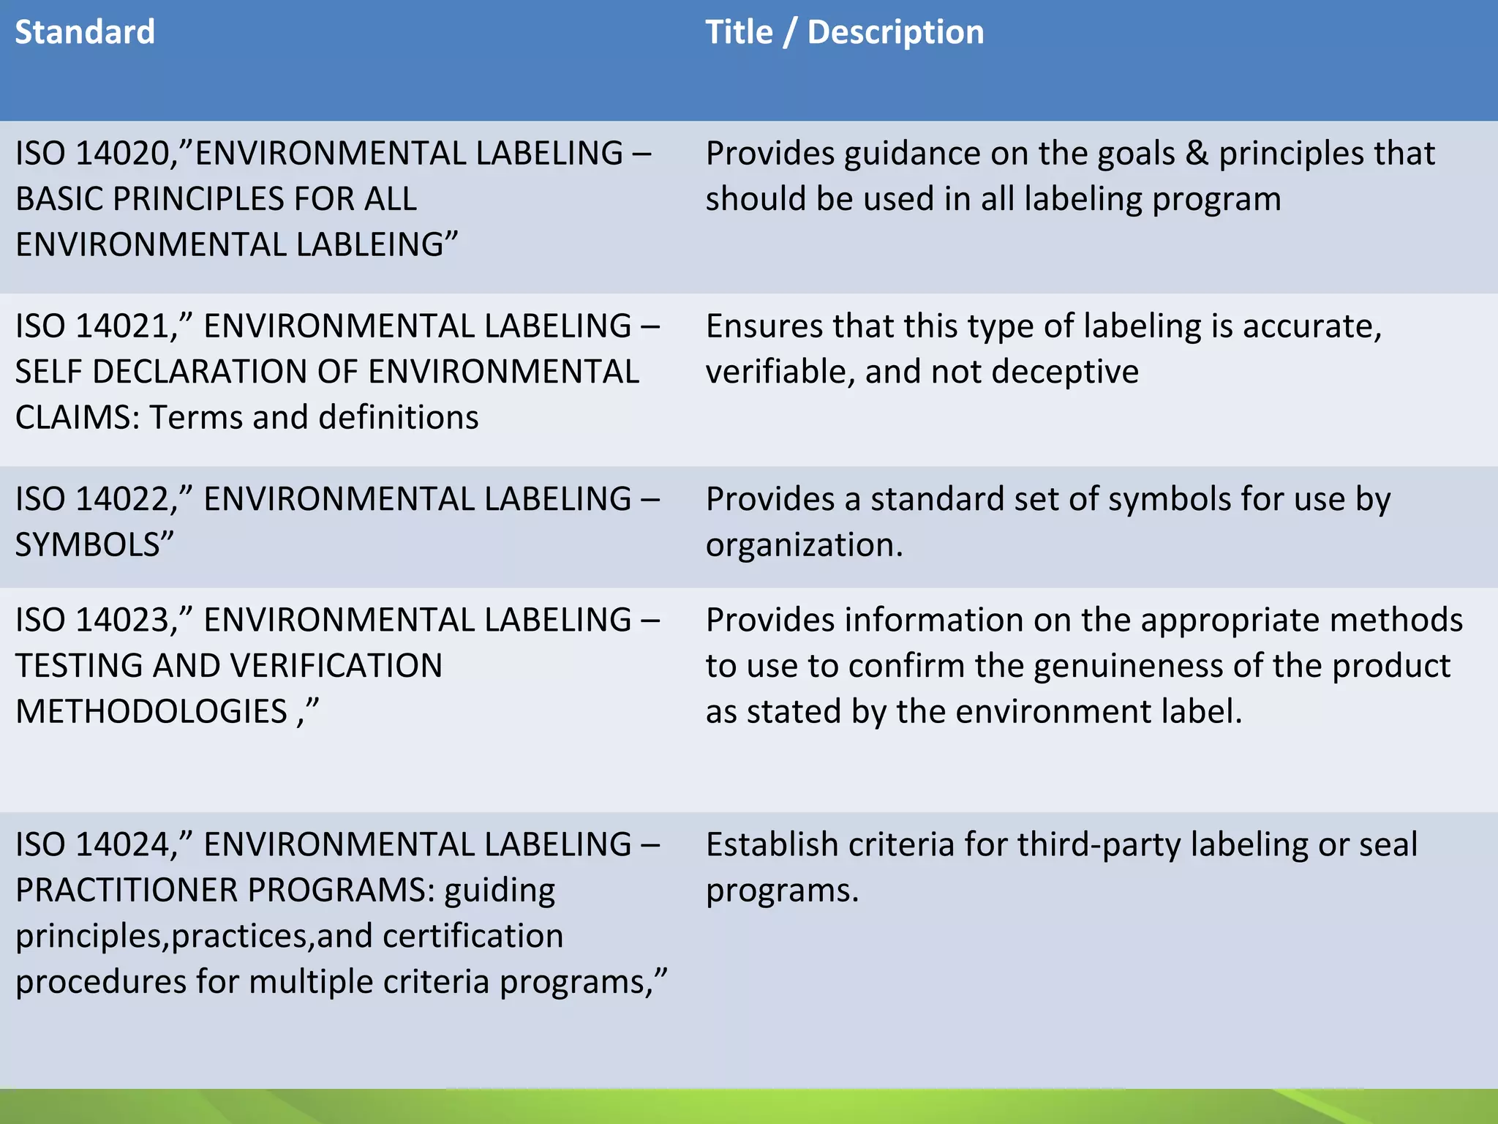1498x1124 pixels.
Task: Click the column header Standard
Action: [85, 32]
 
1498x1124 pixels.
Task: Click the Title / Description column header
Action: [844, 32]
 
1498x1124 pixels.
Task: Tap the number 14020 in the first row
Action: [123, 154]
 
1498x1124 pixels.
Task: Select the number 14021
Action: [123, 326]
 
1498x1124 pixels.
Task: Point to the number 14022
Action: [123, 499]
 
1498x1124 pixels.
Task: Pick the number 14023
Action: [123, 621]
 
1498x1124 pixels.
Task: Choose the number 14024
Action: [123, 844]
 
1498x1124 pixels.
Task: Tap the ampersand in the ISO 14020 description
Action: [1197, 154]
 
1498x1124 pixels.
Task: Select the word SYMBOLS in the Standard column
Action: [88, 545]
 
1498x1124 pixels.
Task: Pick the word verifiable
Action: [775, 372]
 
